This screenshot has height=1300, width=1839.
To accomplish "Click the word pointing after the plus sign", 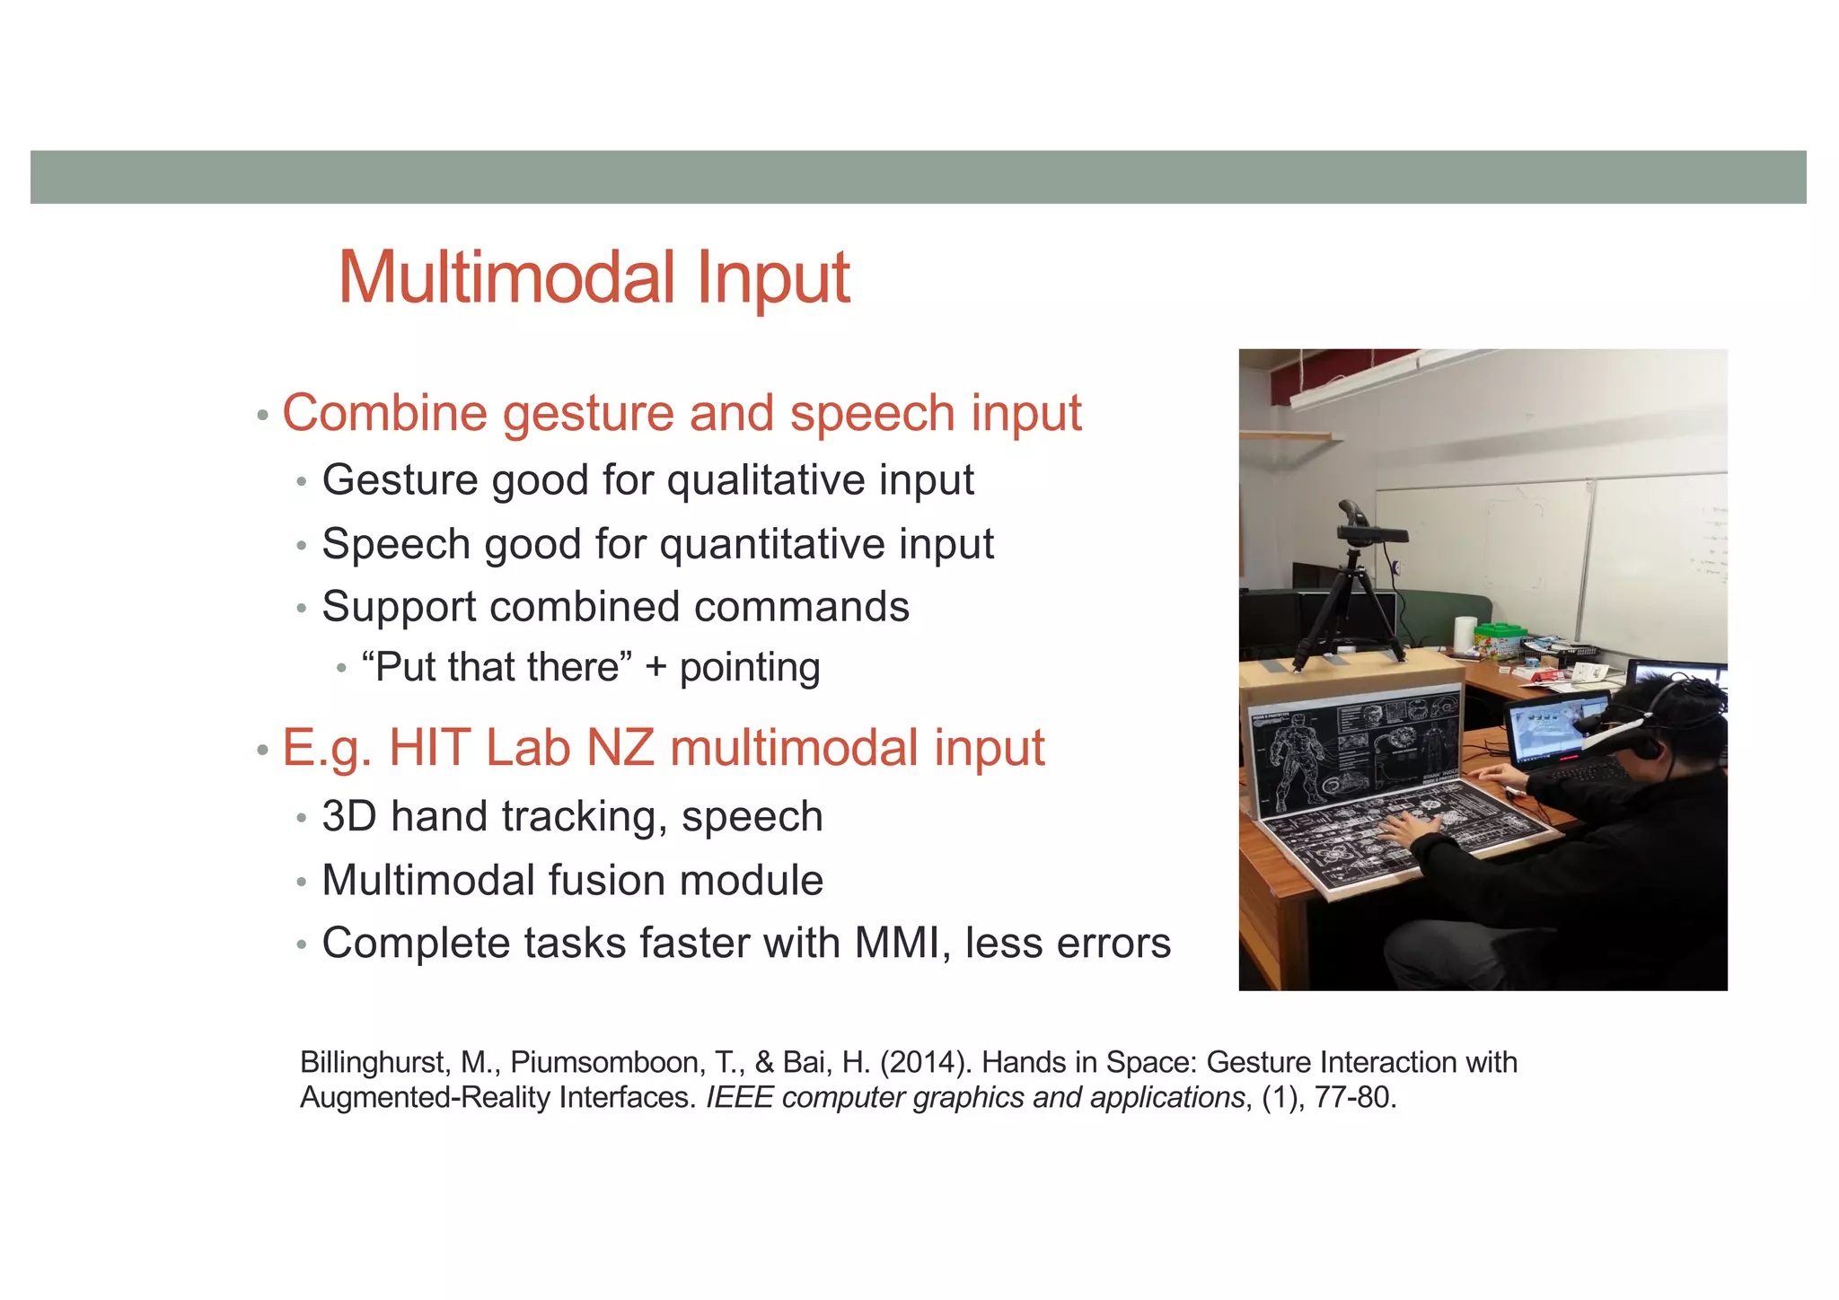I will pos(749,668).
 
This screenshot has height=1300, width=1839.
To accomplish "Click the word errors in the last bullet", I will pos(1113,944).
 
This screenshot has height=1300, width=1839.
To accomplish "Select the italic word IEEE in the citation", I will pos(739,1098).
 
